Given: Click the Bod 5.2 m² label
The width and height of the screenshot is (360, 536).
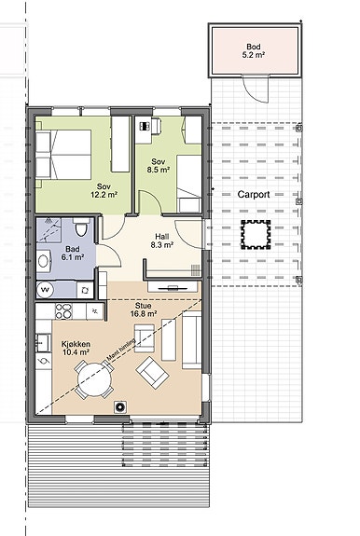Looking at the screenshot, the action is [x=254, y=50].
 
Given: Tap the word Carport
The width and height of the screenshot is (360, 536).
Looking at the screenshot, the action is [x=254, y=195].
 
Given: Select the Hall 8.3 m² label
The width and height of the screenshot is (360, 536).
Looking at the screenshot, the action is [x=161, y=241].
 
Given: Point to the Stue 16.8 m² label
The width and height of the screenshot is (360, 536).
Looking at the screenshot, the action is [x=144, y=309].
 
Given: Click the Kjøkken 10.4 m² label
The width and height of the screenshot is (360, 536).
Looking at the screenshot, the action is [x=76, y=348].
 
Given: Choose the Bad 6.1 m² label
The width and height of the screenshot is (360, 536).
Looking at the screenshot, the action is [x=73, y=253].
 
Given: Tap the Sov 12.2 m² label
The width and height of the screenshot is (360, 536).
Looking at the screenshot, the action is [x=104, y=190].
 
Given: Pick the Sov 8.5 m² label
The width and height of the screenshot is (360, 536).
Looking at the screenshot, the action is [x=159, y=165].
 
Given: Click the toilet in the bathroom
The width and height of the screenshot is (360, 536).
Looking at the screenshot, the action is [x=81, y=227].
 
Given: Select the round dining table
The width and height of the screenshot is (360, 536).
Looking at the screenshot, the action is [x=94, y=379].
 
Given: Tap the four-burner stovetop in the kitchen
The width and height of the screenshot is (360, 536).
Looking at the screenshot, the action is [x=63, y=311].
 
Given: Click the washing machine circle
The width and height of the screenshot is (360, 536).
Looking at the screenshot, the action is [x=45, y=290].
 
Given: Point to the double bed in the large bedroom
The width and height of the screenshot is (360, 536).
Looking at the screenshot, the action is [x=63, y=155].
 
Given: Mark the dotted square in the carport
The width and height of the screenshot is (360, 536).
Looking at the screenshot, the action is [x=256, y=235].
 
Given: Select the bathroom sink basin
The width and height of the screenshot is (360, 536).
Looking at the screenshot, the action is [x=43, y=261].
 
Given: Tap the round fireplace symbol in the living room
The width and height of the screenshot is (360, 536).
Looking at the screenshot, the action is [x=119, y=406].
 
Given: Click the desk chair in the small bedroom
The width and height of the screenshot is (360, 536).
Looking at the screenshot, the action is [x=156, y=125].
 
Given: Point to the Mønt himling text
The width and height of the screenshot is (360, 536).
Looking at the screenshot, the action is [x=121, y=350].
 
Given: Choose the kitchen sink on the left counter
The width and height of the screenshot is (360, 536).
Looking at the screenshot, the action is [x=43, y=343].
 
